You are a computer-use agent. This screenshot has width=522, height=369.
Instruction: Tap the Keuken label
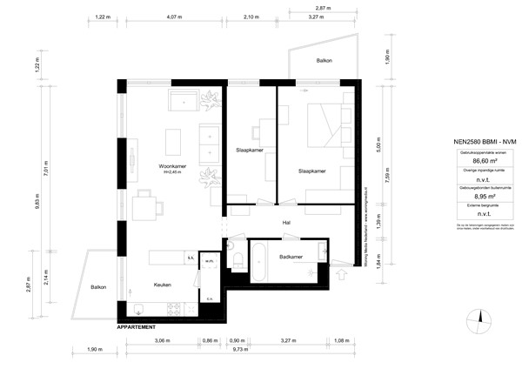(x=163, y=285)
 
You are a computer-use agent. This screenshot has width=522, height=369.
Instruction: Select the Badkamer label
(x=291, y=258)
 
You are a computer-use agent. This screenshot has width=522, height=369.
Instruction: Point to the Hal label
(x=285, y=223)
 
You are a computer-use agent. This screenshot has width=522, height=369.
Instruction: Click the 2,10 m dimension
(x=251, y=17)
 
